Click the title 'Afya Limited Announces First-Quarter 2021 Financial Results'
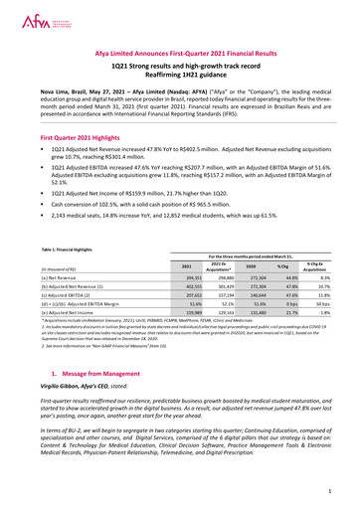coord(179,58)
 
